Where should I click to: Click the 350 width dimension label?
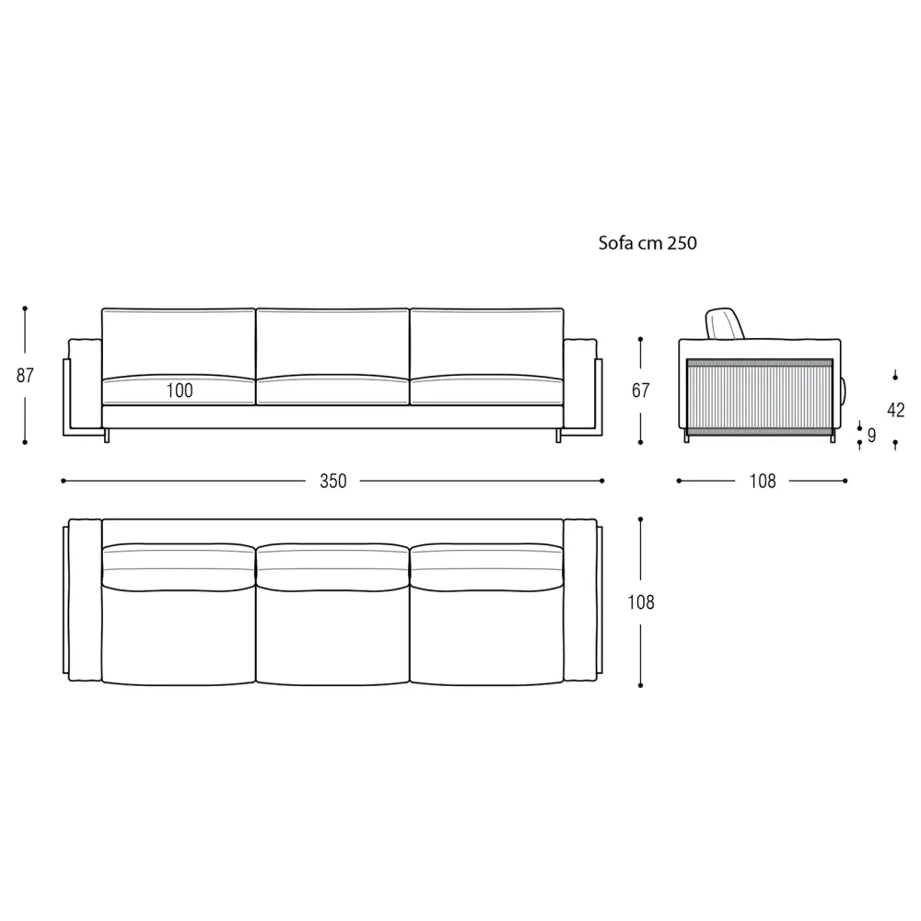tap(333, 481)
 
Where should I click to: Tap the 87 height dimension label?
tap(25, 376)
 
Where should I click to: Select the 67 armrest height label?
tap(640, 391)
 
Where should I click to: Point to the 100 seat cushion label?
tap(180, 391)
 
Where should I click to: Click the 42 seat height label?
tap(895, 410)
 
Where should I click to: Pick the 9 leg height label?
tap(871, 436)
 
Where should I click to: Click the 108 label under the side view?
tap(763, 481)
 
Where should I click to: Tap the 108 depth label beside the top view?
tap(640, 602)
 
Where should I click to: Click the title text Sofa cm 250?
tap(647, 242)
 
